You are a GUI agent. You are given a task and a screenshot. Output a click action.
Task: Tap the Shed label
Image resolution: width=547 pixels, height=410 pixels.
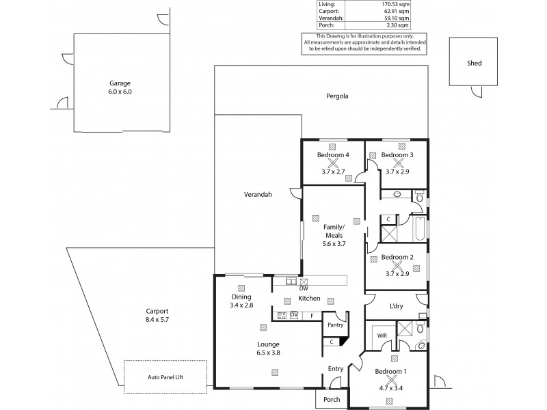click(474, 63)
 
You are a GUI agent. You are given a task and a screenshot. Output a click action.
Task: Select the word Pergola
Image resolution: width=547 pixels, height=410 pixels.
click(337, 96)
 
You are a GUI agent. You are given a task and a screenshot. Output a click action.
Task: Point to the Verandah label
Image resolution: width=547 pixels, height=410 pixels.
click(258, 194)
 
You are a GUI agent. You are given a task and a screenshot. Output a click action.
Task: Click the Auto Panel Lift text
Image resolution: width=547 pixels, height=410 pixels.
click(165, 377)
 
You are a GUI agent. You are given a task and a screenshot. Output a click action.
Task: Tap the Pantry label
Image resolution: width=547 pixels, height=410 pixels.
click(335, 325)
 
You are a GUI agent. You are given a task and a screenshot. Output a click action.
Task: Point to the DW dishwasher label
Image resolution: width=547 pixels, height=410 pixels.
click(303, 289)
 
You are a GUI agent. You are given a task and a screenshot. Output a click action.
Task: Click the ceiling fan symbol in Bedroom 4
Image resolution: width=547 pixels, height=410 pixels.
click(333, 163)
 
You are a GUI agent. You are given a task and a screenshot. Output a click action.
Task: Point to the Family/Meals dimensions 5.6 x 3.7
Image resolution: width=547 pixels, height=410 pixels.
click(332, 243)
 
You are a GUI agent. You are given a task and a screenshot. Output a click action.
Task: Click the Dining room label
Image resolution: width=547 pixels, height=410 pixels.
click(241, 297)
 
